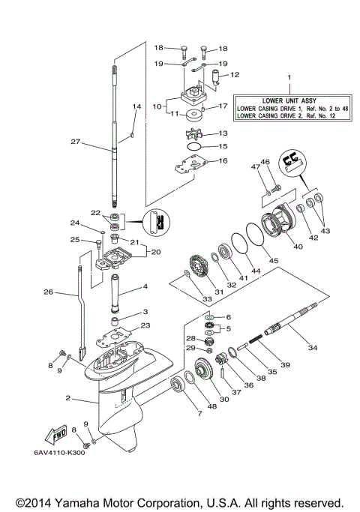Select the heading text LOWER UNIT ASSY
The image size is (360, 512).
291,99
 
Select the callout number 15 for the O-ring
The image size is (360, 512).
223,146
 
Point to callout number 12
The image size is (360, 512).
234,75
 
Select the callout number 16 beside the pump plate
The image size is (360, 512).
223,161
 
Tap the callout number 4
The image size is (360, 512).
145,287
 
